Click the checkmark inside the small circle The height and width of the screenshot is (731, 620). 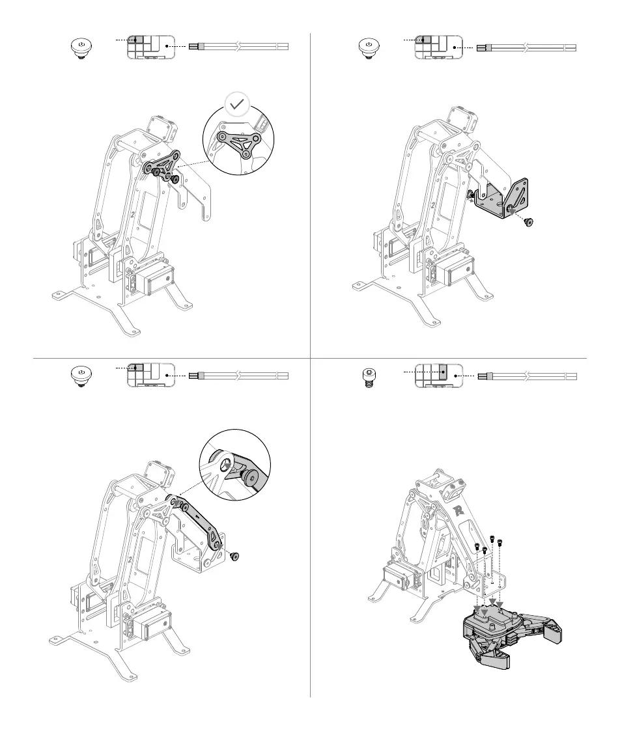click(236, 104)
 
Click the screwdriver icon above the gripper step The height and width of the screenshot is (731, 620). click(527, 376)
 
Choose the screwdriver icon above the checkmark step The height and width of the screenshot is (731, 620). click(238, 47)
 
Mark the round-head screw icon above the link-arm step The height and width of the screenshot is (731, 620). click(79, 376)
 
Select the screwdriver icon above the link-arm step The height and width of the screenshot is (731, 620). click(238, 376)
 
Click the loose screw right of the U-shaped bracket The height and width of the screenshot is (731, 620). click(528, 222)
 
